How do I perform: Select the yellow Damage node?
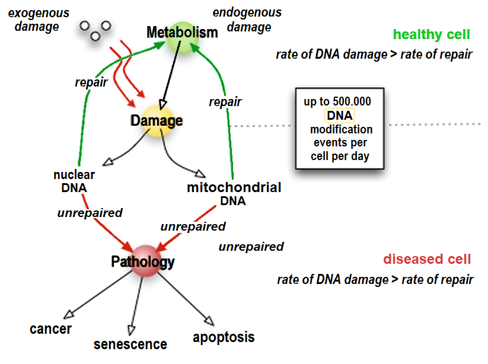tap(158, 120)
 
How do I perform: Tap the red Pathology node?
tap(145, 261)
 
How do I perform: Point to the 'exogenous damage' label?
tap(37, 20)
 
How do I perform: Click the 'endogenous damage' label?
tap(247, 20)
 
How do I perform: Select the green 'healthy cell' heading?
tap(432, 35)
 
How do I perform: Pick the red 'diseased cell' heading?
tap(427, 259)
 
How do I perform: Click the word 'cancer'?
tap(51, 328)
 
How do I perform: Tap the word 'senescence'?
tap(130, 344)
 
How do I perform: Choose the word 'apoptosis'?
tap(224, 337)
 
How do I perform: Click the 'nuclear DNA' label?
tap(74, 181)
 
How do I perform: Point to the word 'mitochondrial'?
tap(234, 188)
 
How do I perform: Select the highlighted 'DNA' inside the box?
tap(339, 116)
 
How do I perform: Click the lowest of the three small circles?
tap(94, 37)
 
